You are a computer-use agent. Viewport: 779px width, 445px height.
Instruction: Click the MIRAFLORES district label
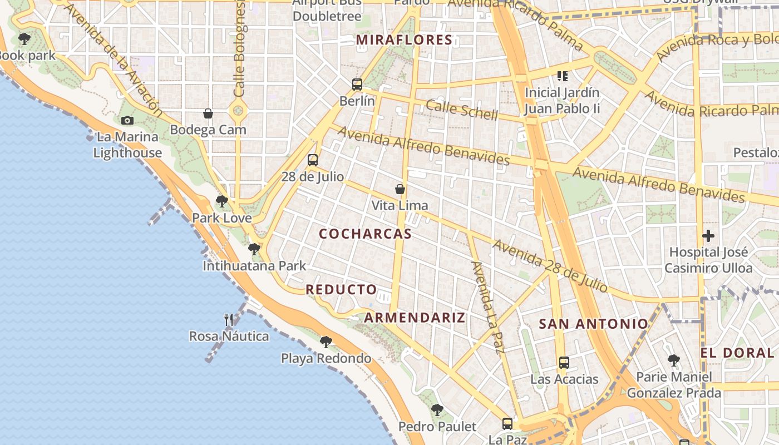(x=404, y=40)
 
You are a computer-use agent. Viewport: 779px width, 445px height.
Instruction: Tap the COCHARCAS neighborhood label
(x=365, y=234)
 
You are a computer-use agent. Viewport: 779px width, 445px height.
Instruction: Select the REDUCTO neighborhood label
(x=341, y=290)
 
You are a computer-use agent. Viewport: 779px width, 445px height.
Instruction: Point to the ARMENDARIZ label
(x=415, y=318)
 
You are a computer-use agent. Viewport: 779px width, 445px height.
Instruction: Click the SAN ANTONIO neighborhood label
(x=593, y=324)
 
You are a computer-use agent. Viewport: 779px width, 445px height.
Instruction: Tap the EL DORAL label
(x=737, y=353)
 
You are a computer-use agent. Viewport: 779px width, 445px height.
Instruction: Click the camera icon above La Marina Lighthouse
(x=127, y=120)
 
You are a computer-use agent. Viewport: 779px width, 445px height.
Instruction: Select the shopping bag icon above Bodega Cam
(x=208, y=113)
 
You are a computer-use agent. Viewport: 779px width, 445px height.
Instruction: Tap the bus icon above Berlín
(x=357, y=85)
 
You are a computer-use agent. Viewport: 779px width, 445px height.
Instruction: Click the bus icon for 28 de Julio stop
(x=313, y=160)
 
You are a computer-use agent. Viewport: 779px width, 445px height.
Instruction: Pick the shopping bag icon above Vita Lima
(x=400, y=189)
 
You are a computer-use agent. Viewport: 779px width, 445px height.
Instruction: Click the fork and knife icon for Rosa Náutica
(x=229, y=319)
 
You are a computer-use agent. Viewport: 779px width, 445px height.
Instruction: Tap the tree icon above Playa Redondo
(x=326, y=342)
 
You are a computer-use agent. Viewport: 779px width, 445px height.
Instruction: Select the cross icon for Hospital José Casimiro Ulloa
(x=708, y=236)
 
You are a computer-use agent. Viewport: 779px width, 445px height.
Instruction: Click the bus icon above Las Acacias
(x=564, y=363)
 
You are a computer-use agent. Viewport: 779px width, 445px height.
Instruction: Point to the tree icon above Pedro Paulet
(x=437, y=410)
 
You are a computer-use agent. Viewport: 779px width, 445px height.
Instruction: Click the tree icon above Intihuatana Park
(x=254, y=249)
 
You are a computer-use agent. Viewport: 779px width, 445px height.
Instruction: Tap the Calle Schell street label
(x=462, y=110)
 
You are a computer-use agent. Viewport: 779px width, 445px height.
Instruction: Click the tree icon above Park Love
(x=222, y=201)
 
